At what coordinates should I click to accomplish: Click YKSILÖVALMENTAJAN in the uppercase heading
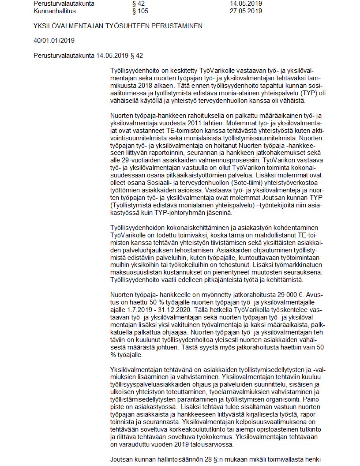click(67, 26)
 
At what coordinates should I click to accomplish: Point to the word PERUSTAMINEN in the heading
click(178, 26)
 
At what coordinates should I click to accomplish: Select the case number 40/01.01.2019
click(54, 41)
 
